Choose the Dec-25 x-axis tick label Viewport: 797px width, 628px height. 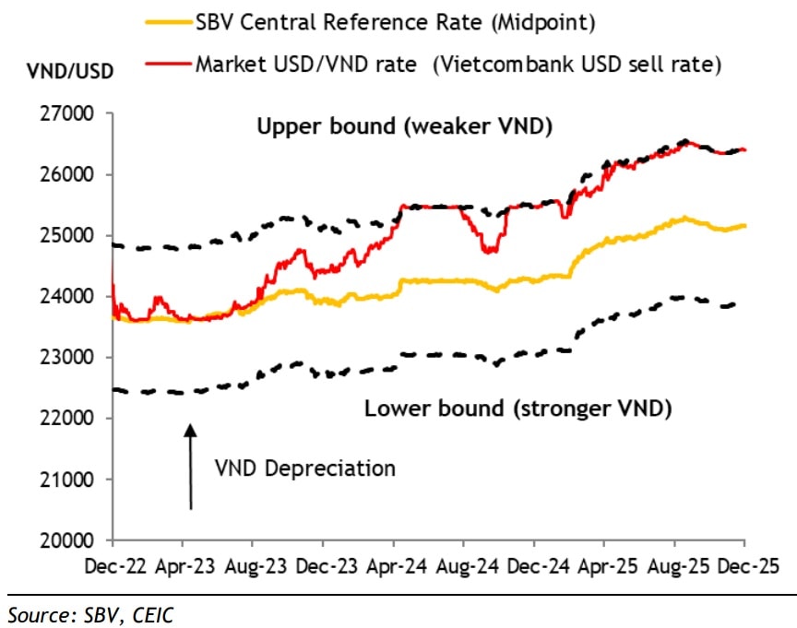click(x=744, y=560)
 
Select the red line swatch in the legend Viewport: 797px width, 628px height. click(x=166, y=64)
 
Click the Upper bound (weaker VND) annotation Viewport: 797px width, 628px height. click(x=403, y=126)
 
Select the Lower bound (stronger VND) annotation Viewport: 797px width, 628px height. click(x=517, y=408)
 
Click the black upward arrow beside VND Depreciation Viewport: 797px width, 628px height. click(x=190, y=466)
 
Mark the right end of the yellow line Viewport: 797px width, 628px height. click(x=744, y=225)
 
